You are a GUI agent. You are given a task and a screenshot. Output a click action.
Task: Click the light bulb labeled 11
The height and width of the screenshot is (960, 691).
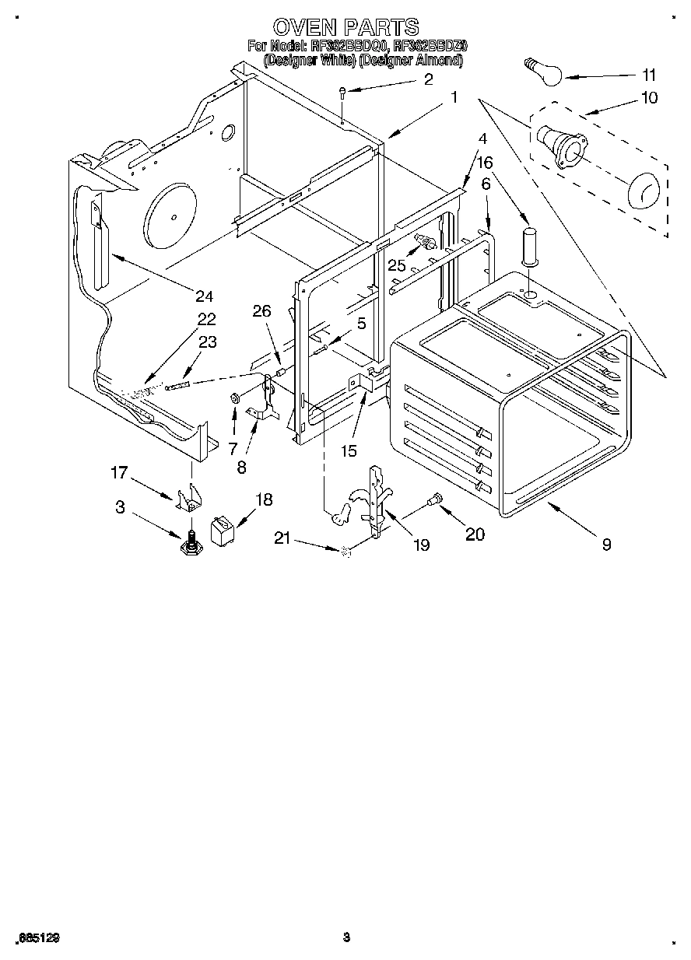[x=542, y=72]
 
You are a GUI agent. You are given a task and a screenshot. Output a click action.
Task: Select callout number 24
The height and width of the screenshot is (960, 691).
[x=205, y=296]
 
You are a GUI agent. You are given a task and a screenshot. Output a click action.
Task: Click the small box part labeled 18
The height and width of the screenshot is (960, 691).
[x=223, y=531]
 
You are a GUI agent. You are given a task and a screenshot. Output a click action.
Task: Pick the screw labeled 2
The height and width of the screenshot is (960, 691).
[x=342, y=93]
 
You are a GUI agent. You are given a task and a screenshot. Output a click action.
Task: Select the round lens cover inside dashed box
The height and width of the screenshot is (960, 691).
[x=643, y=191]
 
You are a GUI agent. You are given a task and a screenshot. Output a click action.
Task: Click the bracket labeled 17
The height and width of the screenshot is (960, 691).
[x=188, y=498]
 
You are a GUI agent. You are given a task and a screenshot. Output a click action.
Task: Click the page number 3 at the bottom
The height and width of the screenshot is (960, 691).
[x=346, y=937]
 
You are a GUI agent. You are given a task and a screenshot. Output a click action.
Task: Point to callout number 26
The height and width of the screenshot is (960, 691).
[x=262, y=312]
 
